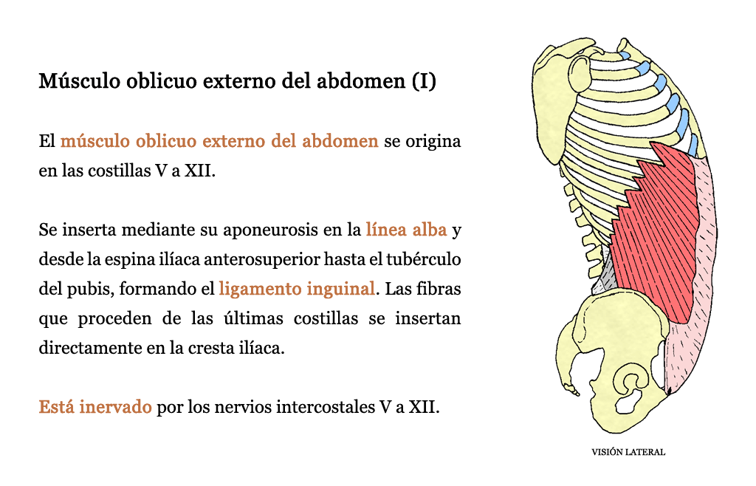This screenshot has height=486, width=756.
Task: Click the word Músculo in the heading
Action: pos(80,81)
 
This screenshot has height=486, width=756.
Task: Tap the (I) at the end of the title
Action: pos(425,81)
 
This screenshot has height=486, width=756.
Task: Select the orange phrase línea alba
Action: pos(407,230)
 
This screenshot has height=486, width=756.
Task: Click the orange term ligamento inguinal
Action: pos(297,290)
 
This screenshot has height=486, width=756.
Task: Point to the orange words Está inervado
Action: pos(95,407)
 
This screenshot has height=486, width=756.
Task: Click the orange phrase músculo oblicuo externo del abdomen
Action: pos(219,141)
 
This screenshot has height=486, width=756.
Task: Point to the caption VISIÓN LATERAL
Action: pos(628,452)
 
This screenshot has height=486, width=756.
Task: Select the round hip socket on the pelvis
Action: pos(631,383)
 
